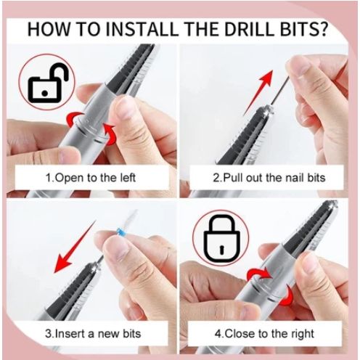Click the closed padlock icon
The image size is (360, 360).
click(222, 238)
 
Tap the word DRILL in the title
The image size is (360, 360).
click(251, 30)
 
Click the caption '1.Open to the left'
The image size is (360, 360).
click(90, 178)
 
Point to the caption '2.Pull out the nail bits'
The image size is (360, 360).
click(269, 178)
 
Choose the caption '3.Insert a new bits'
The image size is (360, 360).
click(93, 334)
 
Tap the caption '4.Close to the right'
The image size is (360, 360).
click(264, 334)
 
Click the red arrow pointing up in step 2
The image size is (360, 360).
click(258, 92)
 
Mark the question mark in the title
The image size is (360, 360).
click(322, 30)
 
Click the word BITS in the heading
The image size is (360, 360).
click(298, 30)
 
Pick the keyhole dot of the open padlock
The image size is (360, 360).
click(44, 93)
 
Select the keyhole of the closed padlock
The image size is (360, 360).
click(221, 249)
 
